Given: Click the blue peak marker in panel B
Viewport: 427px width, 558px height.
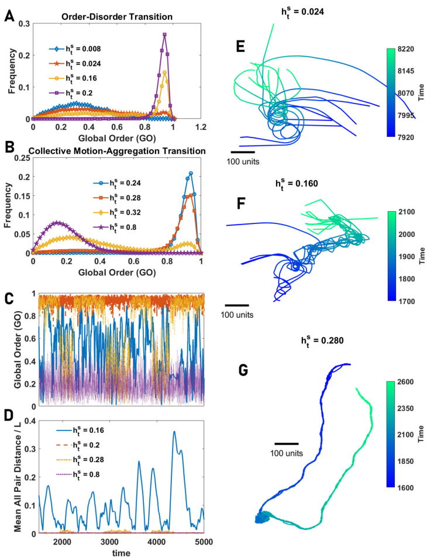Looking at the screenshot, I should [x=191, y=173].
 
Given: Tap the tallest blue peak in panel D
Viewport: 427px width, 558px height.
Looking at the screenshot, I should [x=174, y=432].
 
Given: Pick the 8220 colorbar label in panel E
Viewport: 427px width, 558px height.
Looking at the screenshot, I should [x=406, y=50].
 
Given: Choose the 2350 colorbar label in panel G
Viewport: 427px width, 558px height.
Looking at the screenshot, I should [x=405, y=408].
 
